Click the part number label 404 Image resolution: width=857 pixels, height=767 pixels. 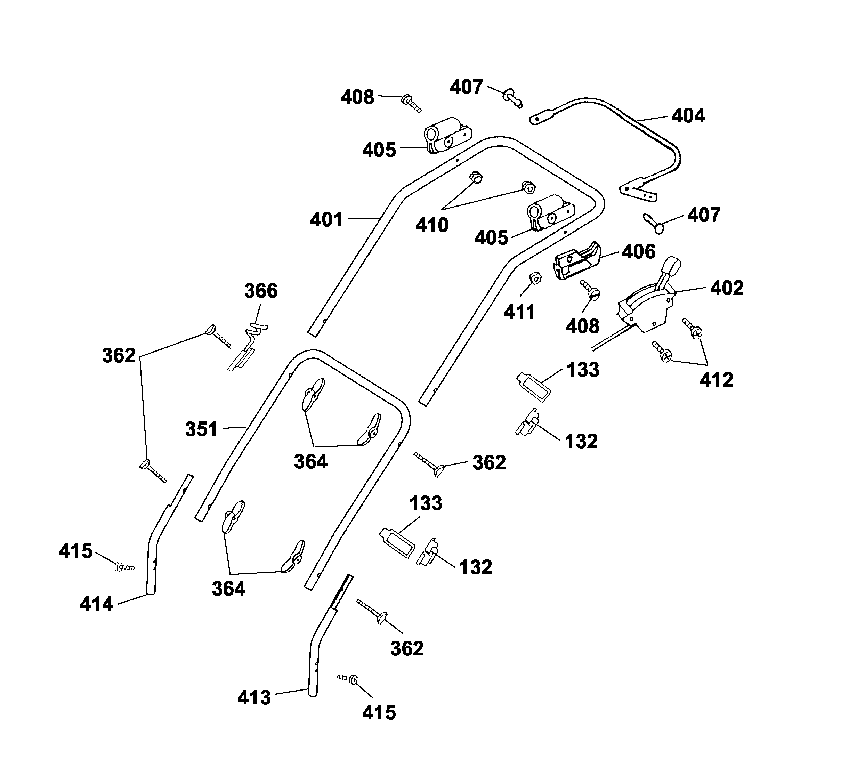(688, 115)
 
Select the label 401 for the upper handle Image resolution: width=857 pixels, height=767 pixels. (326, 219)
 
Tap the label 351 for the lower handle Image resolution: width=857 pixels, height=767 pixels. (201, 429)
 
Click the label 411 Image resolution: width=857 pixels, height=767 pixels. (519, 312)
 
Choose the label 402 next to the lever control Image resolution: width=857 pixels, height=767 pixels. (727, 288)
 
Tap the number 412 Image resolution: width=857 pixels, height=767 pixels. (716, 380)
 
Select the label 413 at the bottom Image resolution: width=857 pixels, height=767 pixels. (254, 697)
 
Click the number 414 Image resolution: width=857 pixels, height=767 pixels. (97, 604)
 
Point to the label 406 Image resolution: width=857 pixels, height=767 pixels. (639, 252)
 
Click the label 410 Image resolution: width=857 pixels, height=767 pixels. (432, 225)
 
